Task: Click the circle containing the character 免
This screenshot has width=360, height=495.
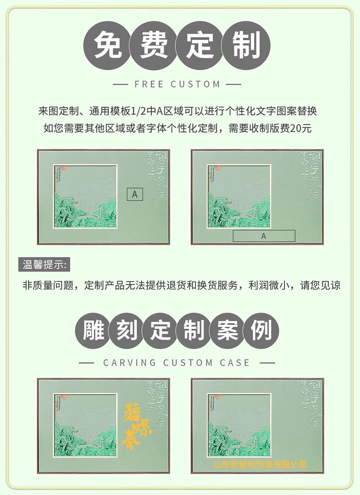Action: coord(107,45)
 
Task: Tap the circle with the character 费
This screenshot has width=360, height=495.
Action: coord(154,45)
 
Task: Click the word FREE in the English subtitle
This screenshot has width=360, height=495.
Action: coord(149,84)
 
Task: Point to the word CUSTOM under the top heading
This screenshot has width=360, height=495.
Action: coord(195,84)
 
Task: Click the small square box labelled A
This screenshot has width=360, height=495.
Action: coord(135,194)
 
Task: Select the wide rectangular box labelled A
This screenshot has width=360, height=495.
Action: coord(264,236)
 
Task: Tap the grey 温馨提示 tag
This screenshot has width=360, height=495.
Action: coord(44,265)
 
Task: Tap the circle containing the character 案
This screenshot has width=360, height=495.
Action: coord(228,330)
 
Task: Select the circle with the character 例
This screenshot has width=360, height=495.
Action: coord(261,330)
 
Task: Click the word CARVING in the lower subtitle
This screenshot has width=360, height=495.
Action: coord(129,363)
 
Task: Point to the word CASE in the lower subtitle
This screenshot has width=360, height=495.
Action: coord(235,363)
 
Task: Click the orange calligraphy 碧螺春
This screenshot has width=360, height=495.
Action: coord(137,426)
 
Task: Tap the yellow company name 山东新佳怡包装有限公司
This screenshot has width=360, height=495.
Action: coord(260,464)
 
